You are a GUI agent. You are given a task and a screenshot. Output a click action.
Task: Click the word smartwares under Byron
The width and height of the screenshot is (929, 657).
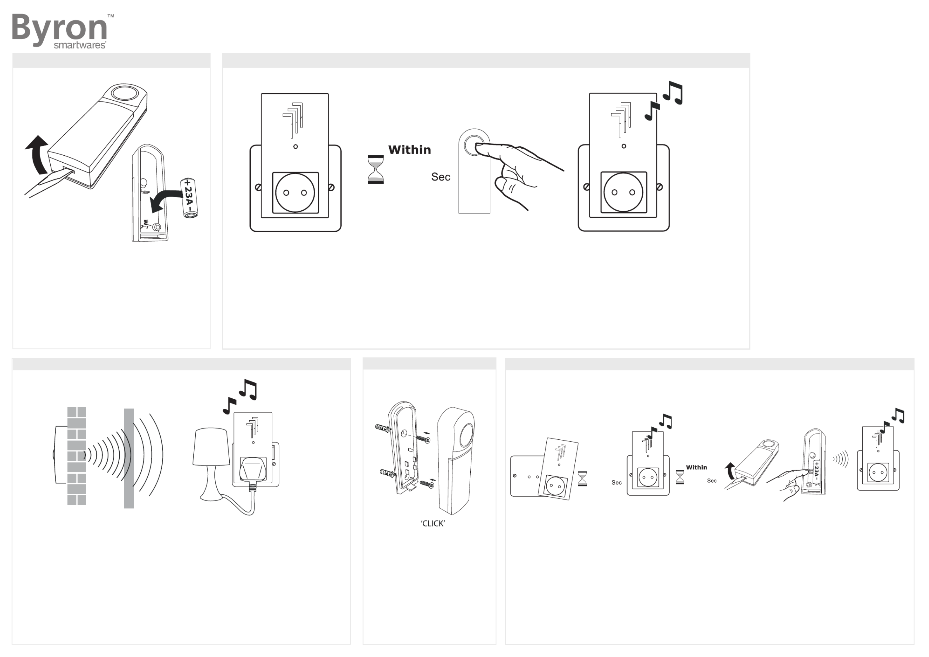(80, 45)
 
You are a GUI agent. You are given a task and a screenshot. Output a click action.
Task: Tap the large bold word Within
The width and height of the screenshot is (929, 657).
(410, 150)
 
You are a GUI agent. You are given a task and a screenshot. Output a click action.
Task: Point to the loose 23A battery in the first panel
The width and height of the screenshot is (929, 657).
(189, 198)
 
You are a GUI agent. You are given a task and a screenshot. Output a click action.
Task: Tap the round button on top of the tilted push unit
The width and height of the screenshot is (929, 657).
(125, 93)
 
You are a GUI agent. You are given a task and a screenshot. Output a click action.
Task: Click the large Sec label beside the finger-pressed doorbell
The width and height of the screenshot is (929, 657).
(440, 177)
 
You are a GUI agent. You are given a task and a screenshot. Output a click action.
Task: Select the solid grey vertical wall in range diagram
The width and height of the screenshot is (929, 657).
(129, 458)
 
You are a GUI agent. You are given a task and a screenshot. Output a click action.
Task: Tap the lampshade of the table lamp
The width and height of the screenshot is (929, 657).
(211, 447)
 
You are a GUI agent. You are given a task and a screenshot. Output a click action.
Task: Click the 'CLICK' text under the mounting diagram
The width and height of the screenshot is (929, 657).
(433, 524)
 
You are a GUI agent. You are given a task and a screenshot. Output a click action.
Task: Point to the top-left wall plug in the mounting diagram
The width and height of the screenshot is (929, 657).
(382, 428)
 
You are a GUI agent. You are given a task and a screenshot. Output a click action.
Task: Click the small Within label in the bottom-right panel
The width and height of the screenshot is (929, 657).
(696, 467)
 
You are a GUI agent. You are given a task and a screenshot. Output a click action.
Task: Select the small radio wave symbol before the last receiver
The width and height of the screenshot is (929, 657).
(840, 459)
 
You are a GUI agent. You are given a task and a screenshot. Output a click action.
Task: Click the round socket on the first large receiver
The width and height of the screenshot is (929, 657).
(295, 192)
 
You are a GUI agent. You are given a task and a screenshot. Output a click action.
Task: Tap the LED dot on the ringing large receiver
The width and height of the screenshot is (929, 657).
(624, 146)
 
